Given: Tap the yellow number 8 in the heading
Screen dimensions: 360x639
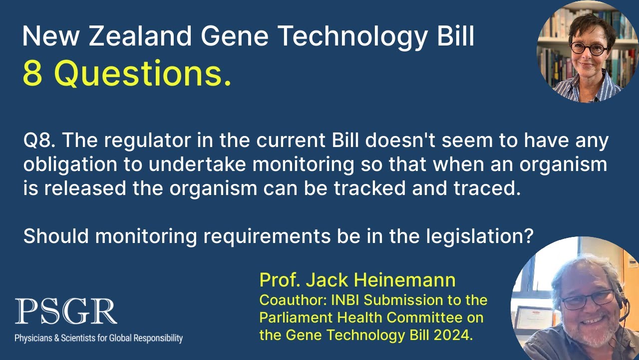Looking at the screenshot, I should [x=32, y=74].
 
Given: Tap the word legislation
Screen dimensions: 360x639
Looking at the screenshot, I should [x=480, y=235].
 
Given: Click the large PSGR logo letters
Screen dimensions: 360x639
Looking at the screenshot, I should [x=66, y=311].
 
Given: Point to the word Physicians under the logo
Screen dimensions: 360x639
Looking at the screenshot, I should [x=34, y=338].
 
